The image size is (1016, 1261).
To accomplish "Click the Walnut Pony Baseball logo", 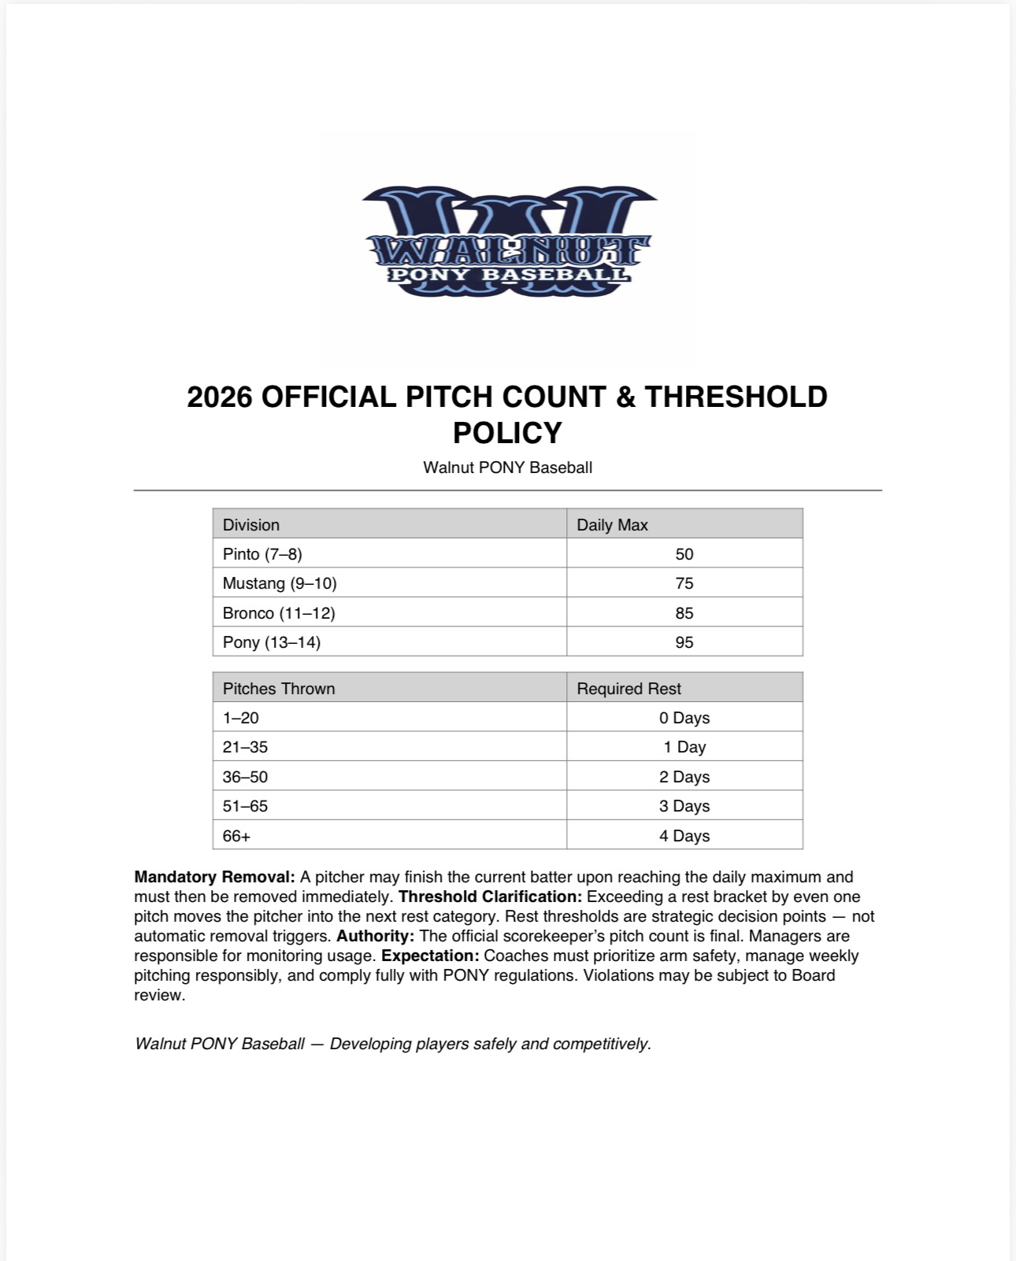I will (x=510, y=242).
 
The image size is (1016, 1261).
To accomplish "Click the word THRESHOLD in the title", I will (x=736, y=397).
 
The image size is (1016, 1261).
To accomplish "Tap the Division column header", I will (x=251, y=525).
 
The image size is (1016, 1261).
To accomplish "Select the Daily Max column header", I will (x=612, y=525).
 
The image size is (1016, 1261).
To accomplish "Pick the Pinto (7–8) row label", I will (x=262, y=554).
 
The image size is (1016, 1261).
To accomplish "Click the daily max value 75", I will (x=684, y=583).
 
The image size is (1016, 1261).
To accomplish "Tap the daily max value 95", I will (x=684, y=642).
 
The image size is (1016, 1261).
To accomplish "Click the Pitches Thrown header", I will (x=279, y=689).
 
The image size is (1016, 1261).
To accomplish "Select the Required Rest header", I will (x=629, y=689).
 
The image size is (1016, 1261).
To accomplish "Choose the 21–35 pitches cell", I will (x=245, y=747).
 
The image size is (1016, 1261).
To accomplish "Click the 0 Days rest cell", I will (x=684, y=718).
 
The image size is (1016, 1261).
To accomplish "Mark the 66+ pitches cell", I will (x=236, y=836).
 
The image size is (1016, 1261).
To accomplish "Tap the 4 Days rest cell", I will (x=684, y=836).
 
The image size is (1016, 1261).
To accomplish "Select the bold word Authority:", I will (x=375, y=936).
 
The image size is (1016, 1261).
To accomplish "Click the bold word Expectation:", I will (x=430, y=956).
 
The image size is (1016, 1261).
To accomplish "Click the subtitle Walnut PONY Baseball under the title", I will (x=507, y=468).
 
